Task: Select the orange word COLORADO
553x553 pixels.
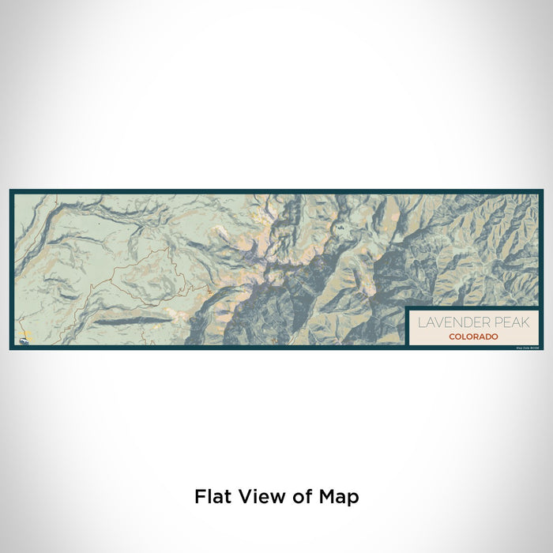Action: [x=473, y=337]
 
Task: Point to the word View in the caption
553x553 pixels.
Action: [x=260, y=497]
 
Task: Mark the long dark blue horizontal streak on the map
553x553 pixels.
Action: [x=130, y=321]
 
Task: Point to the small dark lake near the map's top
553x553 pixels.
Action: [x=339, y=229]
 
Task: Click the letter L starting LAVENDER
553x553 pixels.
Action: [x=421, y=322]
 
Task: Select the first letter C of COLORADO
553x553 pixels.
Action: [x=451, y=337]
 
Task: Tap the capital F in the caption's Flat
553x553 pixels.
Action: [x=199, y=497]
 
